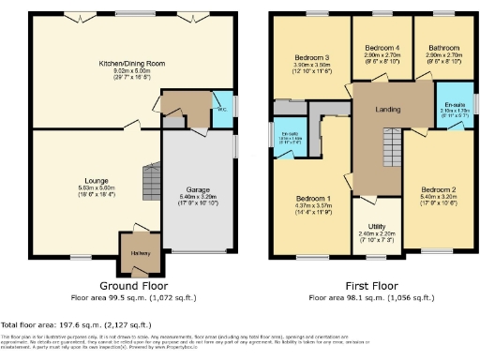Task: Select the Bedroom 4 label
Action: coord(382,48)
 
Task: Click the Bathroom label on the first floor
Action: coord(442,48)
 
